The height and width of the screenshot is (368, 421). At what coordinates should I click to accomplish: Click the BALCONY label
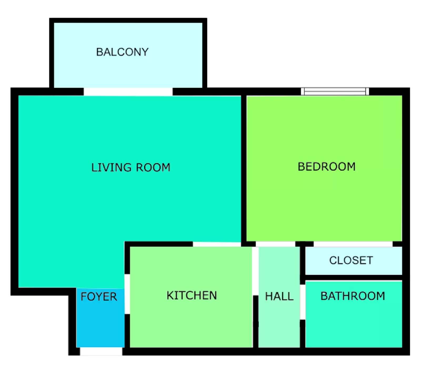122,52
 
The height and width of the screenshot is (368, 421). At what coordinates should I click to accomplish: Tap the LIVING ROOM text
131,167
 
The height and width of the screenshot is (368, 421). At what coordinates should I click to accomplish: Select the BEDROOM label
327,167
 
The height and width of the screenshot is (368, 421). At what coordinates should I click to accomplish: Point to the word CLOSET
351,260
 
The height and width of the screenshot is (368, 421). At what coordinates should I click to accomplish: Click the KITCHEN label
192,295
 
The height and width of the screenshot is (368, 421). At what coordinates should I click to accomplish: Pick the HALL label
279,296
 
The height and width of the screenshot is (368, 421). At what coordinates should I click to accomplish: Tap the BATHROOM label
353,296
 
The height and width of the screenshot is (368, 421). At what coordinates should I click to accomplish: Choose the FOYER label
99,297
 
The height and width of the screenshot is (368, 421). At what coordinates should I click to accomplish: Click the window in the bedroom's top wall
335,91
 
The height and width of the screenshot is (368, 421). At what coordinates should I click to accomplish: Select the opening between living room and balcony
128,92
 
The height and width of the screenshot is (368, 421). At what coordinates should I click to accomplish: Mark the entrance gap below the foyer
101,351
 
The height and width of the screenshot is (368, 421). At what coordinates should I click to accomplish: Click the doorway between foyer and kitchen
127,294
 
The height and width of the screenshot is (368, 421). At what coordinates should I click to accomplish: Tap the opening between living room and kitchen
217,244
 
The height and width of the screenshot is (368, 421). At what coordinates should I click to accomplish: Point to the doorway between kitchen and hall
255,271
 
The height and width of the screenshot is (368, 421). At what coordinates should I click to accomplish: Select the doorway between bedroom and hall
275,244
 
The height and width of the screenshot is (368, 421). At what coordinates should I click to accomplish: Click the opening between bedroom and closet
353,244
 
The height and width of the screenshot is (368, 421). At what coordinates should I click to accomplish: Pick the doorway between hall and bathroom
303,302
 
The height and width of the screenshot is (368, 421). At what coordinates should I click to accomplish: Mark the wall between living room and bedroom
244,168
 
